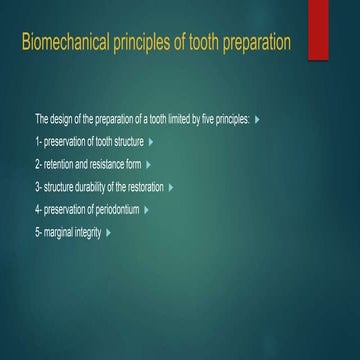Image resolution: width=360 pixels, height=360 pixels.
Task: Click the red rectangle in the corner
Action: (x=318, y=28)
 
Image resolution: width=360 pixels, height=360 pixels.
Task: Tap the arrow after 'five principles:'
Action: (x=258, y=119)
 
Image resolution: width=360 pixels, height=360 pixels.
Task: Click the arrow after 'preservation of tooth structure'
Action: (x=150, y=141)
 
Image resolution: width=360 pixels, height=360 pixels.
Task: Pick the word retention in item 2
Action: (x=60, y=164)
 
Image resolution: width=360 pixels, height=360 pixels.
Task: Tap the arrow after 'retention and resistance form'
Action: (x=148, y=164)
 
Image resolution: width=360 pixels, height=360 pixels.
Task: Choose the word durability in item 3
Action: (x=93, y=186)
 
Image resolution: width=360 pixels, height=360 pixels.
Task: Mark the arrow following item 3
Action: (x=172, y=186)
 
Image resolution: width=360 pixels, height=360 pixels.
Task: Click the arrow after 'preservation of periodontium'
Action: (x=146, y=209)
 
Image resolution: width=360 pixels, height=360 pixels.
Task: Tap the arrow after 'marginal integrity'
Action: (x=106, y=232)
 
